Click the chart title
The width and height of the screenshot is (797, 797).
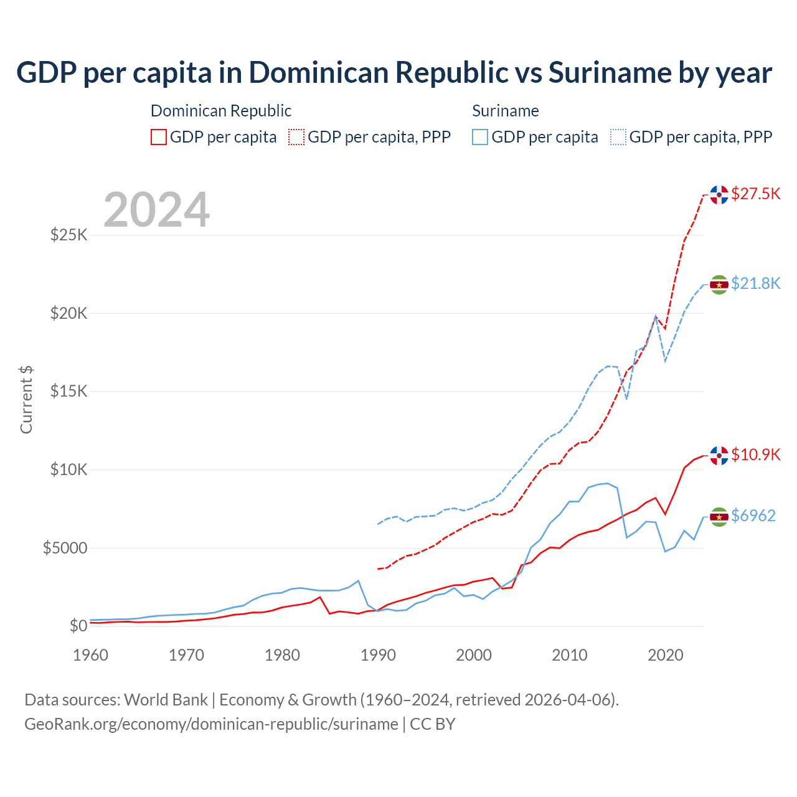coord(394,73)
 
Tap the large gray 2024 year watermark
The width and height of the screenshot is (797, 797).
coord(156,210)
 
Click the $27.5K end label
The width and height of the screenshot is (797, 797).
coord(755,194)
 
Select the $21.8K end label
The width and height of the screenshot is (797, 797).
coord(755,283)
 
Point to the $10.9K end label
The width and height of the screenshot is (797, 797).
coord(755,455)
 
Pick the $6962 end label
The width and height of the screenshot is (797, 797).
coord(753,516)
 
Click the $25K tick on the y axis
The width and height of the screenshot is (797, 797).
coord(69,235)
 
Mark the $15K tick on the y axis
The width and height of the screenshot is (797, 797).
coord(69,392)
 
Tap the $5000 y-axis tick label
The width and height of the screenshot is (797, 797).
coord(65,548)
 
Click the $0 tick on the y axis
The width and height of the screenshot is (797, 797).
coord(78,626)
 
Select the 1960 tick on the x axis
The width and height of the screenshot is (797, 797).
coord(91,655)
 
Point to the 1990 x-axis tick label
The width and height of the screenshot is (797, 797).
coord(378,655)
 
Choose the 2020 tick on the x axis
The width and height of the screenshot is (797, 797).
coord(666,655)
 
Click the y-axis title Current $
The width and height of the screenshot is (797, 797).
coord(26,400)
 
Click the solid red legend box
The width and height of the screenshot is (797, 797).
coord(159,137)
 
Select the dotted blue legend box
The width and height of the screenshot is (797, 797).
coord(618,137)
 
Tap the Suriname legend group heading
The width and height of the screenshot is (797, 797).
coord(505,111)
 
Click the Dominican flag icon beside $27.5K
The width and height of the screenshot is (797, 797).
coord(719,195)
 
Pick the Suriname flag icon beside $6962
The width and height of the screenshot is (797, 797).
coord(719,517)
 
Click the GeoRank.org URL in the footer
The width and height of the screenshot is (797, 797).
coord(211,724)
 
